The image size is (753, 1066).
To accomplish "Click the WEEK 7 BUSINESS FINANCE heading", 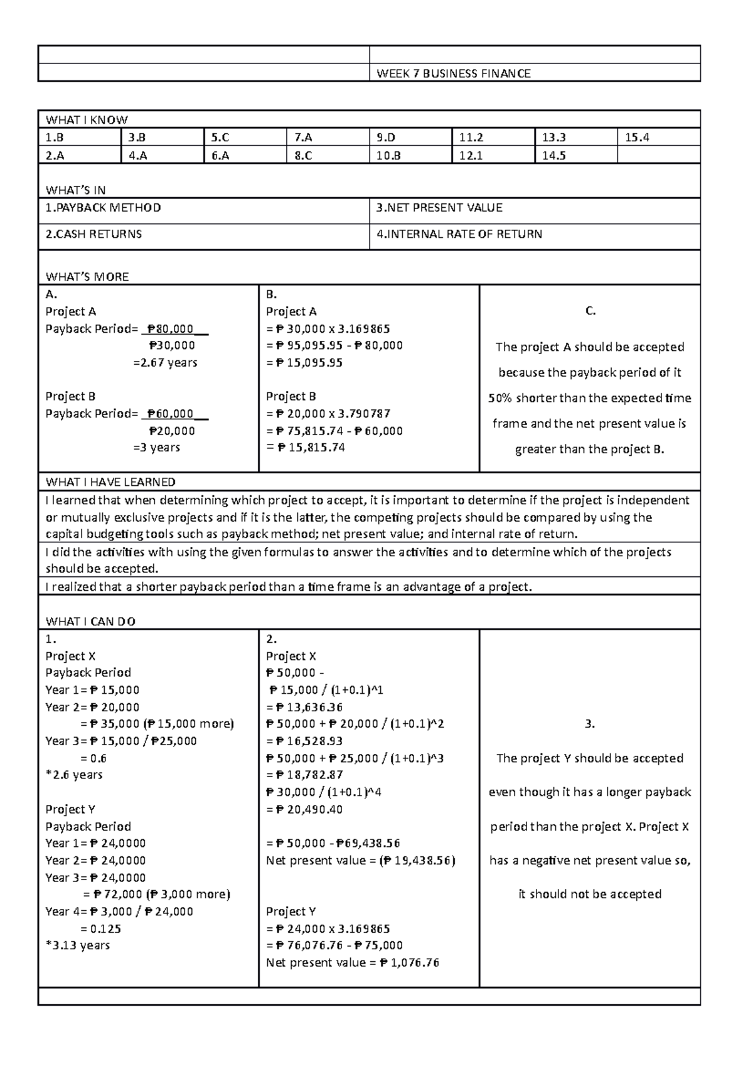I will pos(453,73).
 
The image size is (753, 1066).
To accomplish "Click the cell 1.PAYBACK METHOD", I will pos(103,208).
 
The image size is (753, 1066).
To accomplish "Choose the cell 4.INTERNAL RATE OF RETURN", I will pos(459,234).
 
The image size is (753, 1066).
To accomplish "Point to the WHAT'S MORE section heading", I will pos(87,277).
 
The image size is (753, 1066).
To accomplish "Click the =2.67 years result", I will pos(165,362).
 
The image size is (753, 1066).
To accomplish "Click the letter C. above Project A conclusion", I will pos(590,311).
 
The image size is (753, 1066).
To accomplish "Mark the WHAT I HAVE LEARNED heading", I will pos(110,482).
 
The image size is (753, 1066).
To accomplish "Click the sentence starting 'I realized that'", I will pos(289,587).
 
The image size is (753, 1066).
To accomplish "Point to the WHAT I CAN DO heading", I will pos(90,622).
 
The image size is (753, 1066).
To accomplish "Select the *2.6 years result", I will pos(74,775).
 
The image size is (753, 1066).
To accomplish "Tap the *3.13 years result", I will pos(78,945).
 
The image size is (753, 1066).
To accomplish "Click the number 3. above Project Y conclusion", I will pos(589,724).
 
